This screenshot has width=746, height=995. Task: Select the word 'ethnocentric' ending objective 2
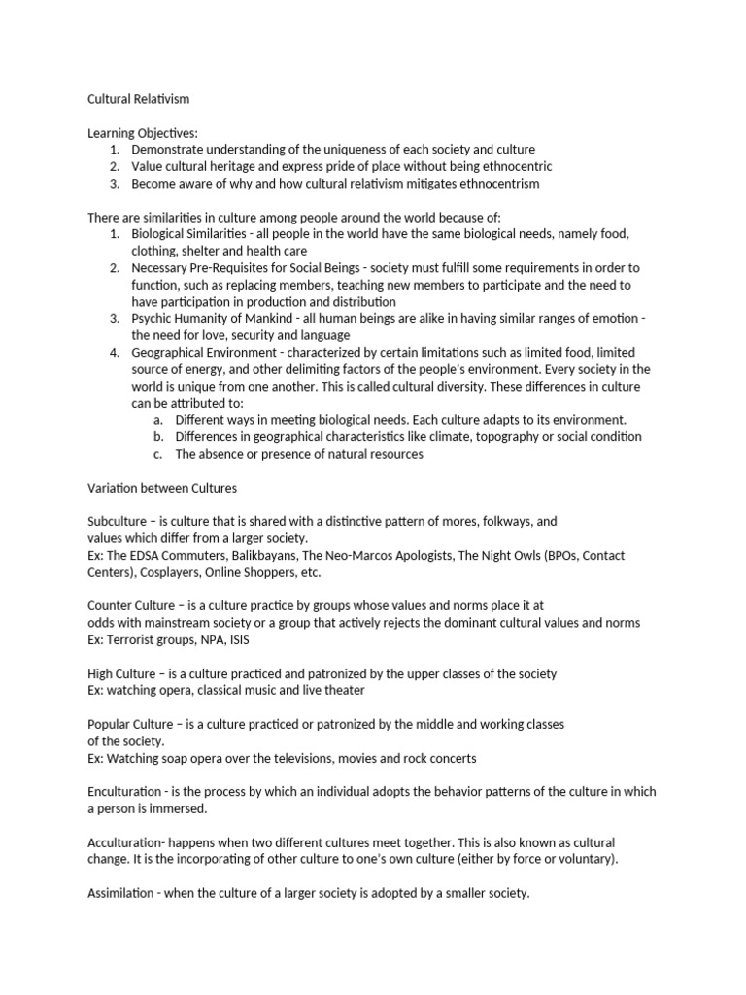point(516,166)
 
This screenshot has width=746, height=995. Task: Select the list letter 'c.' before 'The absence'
point(158,453)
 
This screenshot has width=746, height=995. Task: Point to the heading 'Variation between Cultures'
point(162,488)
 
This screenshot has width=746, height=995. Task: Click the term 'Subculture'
point(119,521)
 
